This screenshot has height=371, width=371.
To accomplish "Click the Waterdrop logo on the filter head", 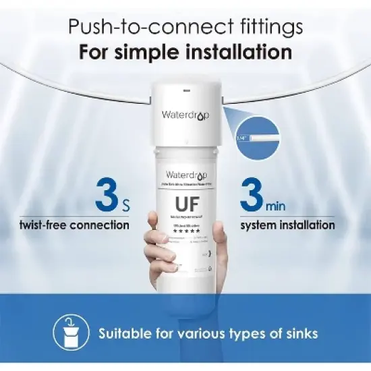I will pyautogui.click(x=185, y=115).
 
